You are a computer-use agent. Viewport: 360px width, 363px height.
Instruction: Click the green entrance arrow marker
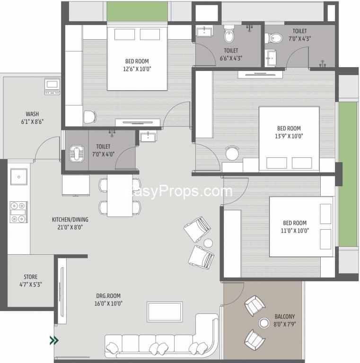pos(54,340)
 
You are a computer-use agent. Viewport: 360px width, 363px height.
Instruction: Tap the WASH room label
pos(32,114)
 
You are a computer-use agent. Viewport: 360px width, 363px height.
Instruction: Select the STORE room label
pos(31,277)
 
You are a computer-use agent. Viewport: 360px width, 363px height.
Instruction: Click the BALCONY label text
pos(285,317)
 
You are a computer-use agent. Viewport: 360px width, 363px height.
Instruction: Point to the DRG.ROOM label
pos(108,295)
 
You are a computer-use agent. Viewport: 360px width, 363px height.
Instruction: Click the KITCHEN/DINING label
pos(70,219)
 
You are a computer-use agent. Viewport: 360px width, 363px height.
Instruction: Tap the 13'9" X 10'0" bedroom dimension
pos(289,136)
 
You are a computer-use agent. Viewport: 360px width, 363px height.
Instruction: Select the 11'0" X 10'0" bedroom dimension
pos(295,231)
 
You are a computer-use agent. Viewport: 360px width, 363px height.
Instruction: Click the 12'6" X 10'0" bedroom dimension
pos(137,69)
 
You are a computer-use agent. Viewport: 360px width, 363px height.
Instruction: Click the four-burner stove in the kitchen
pos(19,212)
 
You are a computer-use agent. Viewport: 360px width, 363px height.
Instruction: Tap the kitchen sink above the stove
pos(19,177)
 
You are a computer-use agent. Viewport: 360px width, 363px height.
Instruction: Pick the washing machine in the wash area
pos(52,87)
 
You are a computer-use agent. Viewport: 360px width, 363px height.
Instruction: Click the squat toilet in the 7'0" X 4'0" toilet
pos(77,154)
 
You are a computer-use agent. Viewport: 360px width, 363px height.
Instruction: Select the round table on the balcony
pos(264,323)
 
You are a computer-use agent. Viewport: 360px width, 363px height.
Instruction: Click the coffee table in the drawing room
pos(165,312)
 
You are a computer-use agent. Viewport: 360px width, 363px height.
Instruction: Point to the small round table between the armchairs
pos(208,243)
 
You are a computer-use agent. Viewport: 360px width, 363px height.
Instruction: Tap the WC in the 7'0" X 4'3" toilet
pos(273,38)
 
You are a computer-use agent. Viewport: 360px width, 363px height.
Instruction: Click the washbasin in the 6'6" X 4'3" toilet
pos(204,32)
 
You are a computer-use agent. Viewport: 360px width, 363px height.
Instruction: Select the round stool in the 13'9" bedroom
pos(232,153)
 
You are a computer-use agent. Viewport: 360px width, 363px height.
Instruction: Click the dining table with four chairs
pos(120,196)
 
